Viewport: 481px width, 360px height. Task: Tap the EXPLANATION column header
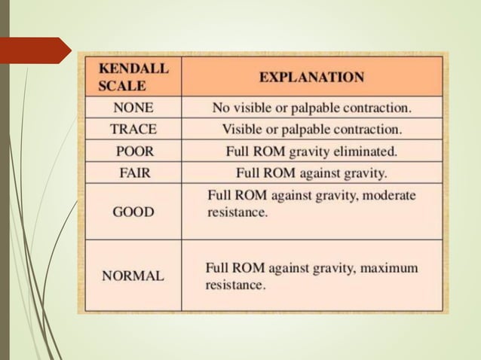coord(311,77)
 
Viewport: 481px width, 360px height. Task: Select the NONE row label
coord(133,108)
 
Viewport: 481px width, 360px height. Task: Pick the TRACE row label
coord(133,129)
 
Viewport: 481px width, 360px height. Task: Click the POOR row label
coord(133,151)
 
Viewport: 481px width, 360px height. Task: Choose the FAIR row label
coord(133,172)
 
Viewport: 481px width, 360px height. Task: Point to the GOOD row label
coord(133,212)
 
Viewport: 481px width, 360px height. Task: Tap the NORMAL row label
coord(133,276)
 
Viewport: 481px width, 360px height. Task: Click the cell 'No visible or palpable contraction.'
coord(311,108)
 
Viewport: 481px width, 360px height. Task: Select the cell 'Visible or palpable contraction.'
coord(311,129)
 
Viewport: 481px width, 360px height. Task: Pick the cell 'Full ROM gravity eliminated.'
coord(311,151)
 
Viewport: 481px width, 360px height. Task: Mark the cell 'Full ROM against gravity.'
coord(311,172)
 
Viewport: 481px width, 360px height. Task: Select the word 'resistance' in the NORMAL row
coord(235,286)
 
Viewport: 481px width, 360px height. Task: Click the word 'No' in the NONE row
coord(221,108)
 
